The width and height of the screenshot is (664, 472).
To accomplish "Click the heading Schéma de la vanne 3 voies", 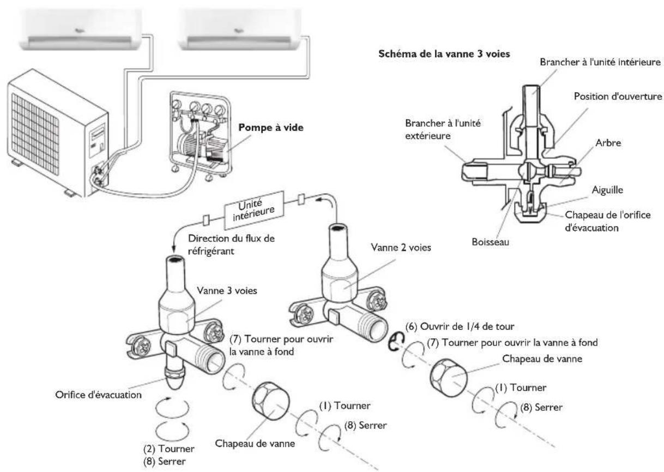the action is (444, 54).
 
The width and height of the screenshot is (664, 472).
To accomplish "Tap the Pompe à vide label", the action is (271, 128).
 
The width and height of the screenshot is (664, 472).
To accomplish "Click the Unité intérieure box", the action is (254, 210).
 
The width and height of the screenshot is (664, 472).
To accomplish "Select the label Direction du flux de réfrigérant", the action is (231, 245).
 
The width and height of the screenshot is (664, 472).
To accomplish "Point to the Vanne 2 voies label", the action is (401, 247).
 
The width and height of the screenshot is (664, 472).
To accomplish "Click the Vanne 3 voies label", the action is (227, 290).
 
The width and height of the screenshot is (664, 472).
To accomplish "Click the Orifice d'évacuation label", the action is (99, 395).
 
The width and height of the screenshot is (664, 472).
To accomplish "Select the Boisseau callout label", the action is (490, 242).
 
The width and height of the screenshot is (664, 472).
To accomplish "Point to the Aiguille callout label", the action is (607, 190).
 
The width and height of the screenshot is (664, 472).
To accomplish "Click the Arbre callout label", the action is (608, 143).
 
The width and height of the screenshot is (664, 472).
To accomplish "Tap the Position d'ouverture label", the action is (618, 97).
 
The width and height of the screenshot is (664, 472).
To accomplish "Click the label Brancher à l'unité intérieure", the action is (600, 62).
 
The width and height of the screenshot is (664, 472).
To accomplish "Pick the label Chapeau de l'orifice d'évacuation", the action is (608, 222).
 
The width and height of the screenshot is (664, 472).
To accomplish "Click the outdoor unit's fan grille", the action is (35, 134).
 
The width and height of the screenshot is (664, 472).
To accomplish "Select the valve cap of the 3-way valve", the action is (271, 401).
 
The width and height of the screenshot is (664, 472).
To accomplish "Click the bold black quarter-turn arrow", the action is (395, 342).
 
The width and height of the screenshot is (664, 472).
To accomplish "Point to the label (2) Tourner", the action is (168, 449).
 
